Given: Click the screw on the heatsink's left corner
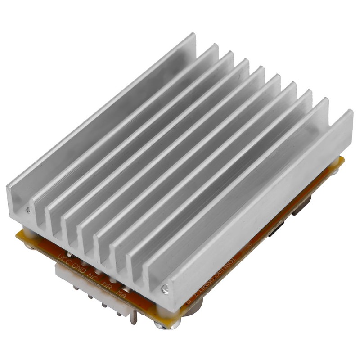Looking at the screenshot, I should (28, 209).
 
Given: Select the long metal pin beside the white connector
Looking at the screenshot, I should (134, 318).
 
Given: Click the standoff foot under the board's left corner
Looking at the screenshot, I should (28, 246).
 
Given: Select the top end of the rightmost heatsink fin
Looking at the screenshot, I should (349, 112).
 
